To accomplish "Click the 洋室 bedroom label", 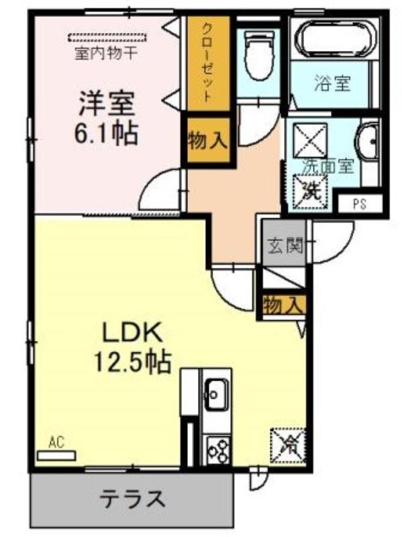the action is (x=106, y=104).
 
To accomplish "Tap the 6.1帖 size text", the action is (x=106, y=133).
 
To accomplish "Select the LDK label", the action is (x=133, y=332).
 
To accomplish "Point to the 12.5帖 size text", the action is (x=132, y=362).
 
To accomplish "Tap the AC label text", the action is (x=56, y=443).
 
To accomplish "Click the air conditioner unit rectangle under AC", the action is (x=56, y=456).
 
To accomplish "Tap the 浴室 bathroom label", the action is (x=332, y=83).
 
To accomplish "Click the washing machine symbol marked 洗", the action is (x=310, y=191).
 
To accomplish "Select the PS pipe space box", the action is (x=360, y=204).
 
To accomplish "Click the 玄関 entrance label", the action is (x=286, y=245).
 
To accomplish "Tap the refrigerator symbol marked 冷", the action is (x=288, y=446).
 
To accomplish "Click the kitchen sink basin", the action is (x=216, y=395).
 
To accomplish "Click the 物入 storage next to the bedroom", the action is (x=208, y=141).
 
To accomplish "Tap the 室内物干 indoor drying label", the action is (x=106, y=54).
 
